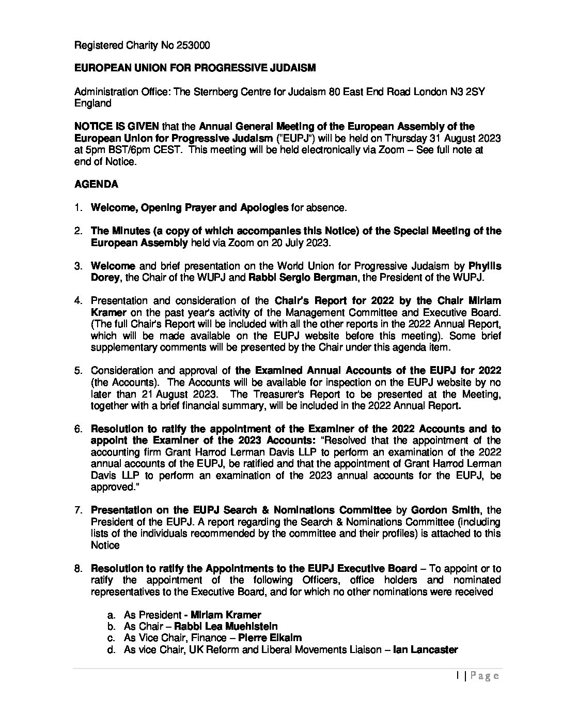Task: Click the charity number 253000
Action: pos(193,45)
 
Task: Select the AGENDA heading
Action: pos(96,184)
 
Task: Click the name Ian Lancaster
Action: pos(425,650)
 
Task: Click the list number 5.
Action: pos(78,371)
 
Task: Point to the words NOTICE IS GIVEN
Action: pos(117,127)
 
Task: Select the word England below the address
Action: pos(93,103)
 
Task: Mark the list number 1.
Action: pos(78,208)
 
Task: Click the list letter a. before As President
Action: pos(111,615)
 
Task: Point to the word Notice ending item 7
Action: pos(105,545)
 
